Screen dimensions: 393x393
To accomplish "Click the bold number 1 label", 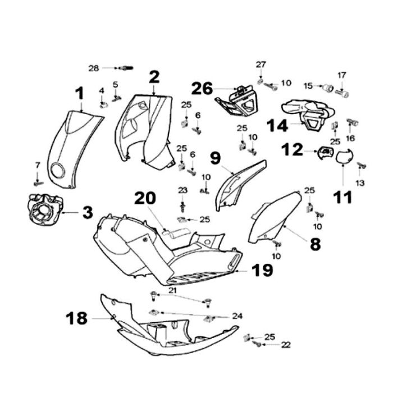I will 80,93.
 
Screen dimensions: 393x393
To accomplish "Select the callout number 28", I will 94,68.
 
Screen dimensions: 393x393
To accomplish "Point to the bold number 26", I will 202,88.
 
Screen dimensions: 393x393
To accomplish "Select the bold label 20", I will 144,198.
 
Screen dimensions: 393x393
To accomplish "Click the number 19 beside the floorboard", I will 262,271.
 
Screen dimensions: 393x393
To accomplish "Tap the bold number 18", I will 77,318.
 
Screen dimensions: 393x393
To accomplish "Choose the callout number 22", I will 286,345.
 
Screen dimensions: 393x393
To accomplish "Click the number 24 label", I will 237,316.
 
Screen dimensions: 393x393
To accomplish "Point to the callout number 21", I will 172,290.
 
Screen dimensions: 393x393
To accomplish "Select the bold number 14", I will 277,125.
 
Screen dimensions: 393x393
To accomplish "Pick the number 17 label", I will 342,75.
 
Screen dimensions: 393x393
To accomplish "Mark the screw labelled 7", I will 38,182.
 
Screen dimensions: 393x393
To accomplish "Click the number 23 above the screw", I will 183,190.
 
